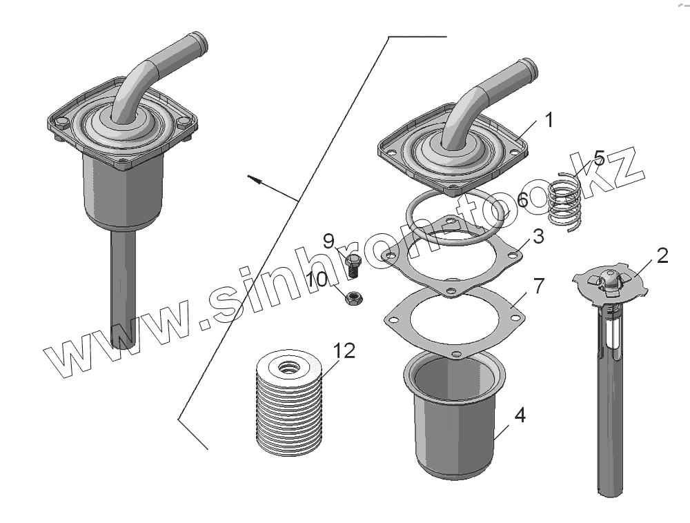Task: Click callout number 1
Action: (549, 120)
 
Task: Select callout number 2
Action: (662, 256)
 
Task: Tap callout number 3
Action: (538, 237)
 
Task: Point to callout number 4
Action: (520, 415)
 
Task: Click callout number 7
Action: (538, 285)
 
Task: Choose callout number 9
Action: (328, 241)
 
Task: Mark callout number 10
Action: (317, 279)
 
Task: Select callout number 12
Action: (344, 351)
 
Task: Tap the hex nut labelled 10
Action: (354, 298)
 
